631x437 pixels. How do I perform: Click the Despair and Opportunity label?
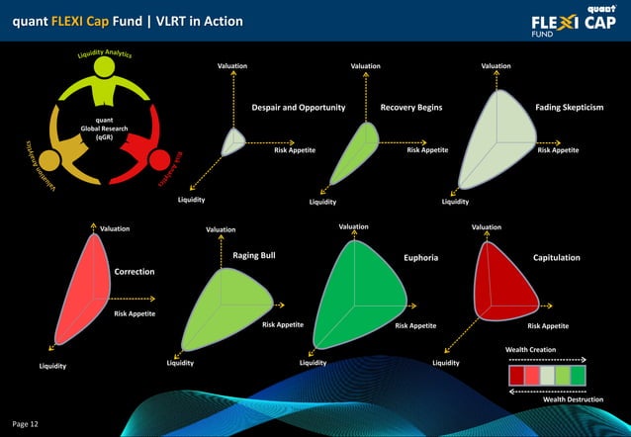[298, 107]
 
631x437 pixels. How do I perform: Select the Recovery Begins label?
[410, 107]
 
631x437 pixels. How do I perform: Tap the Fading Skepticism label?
[569, 107]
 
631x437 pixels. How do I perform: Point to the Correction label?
[135, 271]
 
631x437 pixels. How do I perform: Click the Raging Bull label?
[253, 255]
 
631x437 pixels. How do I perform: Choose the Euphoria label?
[420, 258]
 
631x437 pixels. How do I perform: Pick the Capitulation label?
[556, 257]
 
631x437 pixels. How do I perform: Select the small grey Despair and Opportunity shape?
[232, 141]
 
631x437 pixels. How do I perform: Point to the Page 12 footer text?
[26, 423]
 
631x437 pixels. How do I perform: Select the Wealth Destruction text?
[574, 399]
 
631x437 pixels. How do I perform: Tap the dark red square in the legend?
[516, 376]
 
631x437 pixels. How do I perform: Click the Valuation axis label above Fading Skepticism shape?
[496, 66]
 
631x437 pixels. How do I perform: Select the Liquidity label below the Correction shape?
[53, 366]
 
